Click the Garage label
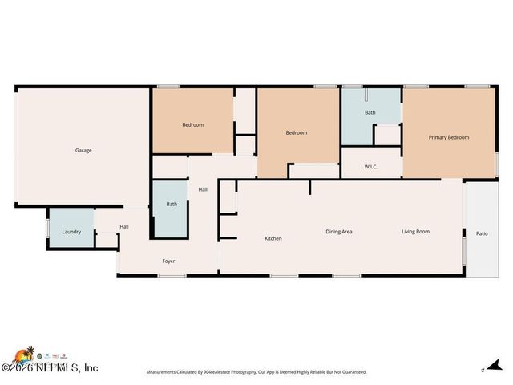pyautogui.click(x=83, y=150)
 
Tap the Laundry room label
pyautogui.click(x=71, y=232)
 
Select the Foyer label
pyautogui.click(x=168, y=261)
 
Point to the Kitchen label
pyautogui.click(x=273, y=238)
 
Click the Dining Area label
pyautogui.click(x=339, y=232)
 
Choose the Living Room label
pyautogui.click(x=415, y=232)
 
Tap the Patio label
pyautogui.click(x=482, y=233)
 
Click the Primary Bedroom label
pyautogui.click(x=448, y=137)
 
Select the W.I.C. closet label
pyautogui.click(x=370, y=167)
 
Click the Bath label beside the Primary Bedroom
pyautogui.click(x=370, y=112)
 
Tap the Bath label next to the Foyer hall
pyautogui.click(x=172, y=204)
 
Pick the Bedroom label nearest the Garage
pyautogui.click(x=192, y=124)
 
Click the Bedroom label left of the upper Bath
pyautogui.click(x=297, y=132)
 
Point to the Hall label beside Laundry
pyautogui.click(x=124, y=226)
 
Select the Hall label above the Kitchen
pyautogui.click(x=203, y=189)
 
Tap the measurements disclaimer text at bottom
pyautogui.click(x=256, y=372)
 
